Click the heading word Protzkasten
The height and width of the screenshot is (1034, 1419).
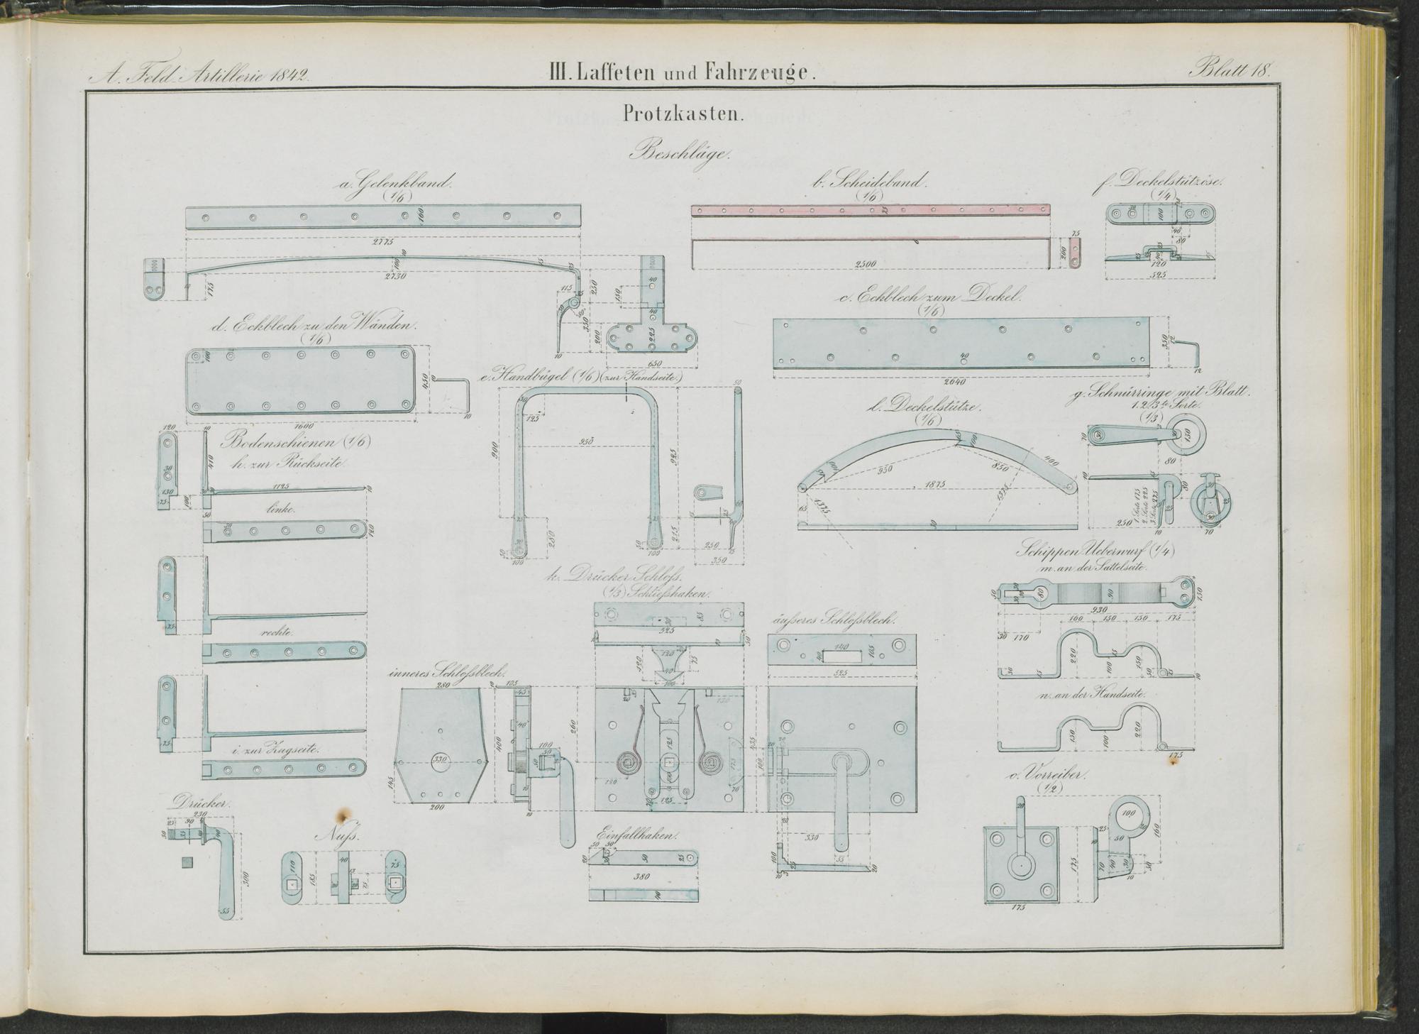683,115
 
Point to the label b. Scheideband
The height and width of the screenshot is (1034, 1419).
871,182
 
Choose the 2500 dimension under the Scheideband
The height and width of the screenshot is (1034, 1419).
866,264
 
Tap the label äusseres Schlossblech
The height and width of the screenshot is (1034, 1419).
833,620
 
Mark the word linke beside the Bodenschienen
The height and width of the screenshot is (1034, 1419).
280,509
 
